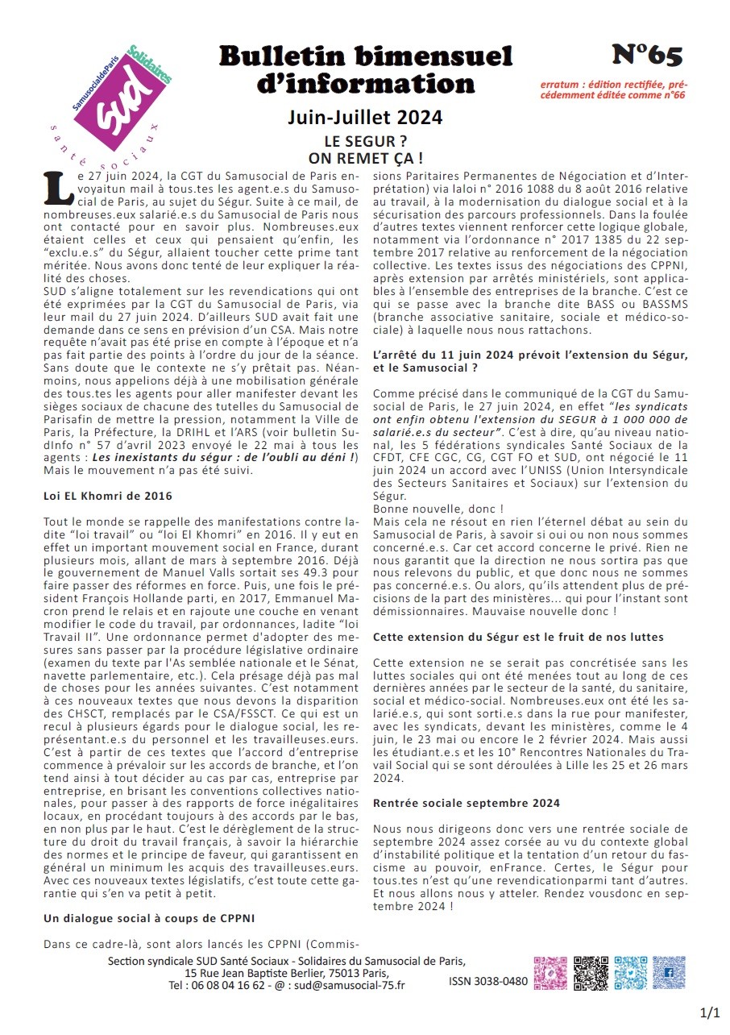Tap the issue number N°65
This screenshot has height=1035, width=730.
(x=646, y=55)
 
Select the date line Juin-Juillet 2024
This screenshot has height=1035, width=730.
(x=365, y=118)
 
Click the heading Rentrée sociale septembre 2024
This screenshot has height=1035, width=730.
(x=467, y=803)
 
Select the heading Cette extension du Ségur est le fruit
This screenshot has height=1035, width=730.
(x=518, y=637)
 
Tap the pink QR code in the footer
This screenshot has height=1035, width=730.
(x=550, y=973)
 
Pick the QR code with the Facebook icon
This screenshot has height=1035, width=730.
(x=669, y=973)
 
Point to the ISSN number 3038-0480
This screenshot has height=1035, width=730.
(x=488, y=982)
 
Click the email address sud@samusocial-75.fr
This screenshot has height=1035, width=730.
(x=349, y=985)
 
